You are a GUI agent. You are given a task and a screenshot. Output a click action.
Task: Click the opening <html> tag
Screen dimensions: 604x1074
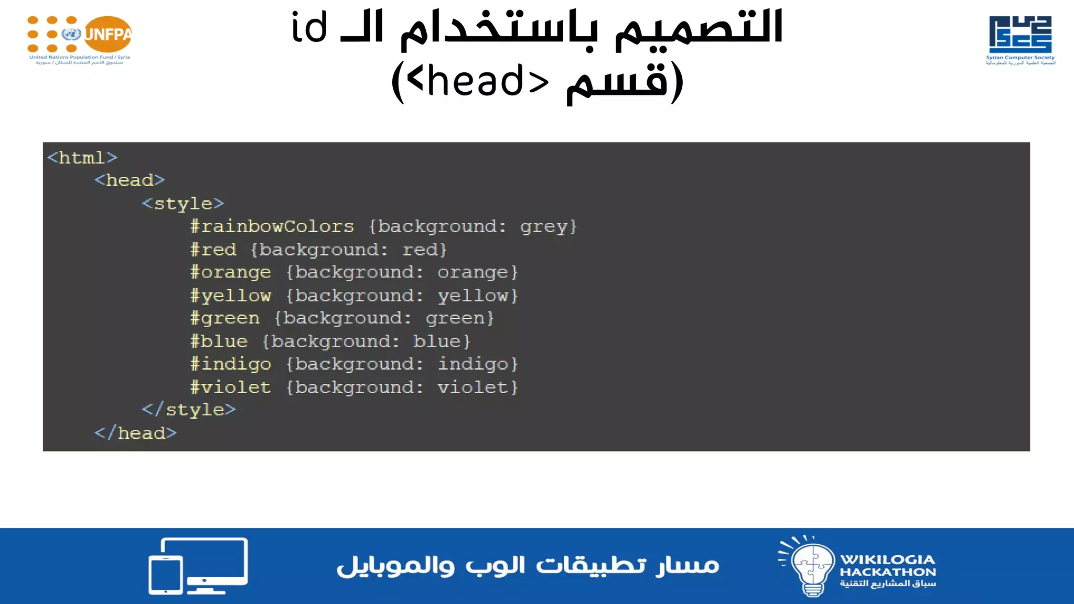82,157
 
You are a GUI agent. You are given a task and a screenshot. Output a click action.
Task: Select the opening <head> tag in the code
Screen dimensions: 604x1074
130,180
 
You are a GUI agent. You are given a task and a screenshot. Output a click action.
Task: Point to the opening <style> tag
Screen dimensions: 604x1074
182,203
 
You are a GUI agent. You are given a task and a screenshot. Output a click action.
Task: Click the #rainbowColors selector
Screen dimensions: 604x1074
272,226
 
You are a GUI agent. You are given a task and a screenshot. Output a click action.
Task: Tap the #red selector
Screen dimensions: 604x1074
213,250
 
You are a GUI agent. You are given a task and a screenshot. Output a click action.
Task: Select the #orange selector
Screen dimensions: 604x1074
231,273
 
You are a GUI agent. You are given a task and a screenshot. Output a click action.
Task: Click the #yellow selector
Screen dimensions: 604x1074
231,296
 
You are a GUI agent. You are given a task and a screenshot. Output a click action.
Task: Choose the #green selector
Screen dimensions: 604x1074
225,318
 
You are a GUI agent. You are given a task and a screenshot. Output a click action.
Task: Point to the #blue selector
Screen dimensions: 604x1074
219,341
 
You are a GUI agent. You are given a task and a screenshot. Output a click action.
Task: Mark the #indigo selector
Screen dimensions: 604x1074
231,364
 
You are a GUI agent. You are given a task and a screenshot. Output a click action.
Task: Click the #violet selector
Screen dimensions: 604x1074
231,387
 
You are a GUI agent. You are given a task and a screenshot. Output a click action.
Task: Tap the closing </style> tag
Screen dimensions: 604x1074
189,409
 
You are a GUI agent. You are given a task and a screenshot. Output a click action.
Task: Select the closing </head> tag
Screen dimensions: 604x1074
135,433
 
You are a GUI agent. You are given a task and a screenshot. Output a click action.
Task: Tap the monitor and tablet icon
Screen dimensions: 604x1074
198,566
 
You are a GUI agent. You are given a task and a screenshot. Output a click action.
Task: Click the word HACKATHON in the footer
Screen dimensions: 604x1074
887,572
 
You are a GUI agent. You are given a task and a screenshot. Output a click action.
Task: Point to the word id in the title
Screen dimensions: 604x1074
309,27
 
